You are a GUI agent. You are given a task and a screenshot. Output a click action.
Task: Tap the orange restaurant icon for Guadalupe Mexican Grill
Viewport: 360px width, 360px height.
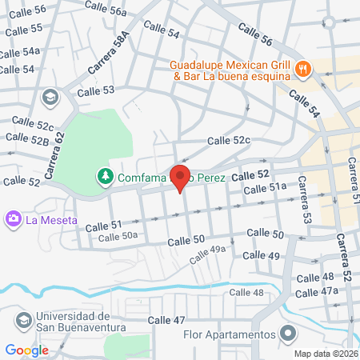[x=302, y=70]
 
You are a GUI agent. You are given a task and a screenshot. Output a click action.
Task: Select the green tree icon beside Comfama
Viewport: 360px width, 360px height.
[x=103, y=174]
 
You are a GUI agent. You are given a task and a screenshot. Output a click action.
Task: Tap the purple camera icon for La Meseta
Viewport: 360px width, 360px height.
[x=13, y=218]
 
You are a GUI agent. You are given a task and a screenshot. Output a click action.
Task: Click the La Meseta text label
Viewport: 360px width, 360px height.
[x=51, y=219]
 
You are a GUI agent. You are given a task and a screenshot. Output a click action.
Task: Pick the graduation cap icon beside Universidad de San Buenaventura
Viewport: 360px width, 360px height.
[x=24, y=322]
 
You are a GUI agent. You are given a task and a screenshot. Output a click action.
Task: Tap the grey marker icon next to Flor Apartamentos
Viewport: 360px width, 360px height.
[x=287, y=334]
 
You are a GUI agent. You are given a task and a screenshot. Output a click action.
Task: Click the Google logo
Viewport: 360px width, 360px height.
[x=26, y=350]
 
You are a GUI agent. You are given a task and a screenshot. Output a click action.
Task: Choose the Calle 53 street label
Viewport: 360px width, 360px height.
[x=96, y=90]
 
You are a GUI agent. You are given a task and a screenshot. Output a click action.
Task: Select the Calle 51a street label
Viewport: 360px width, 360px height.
[x=265, y=187]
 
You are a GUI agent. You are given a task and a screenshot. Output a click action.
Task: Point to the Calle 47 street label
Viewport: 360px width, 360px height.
[x=167, y=320]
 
